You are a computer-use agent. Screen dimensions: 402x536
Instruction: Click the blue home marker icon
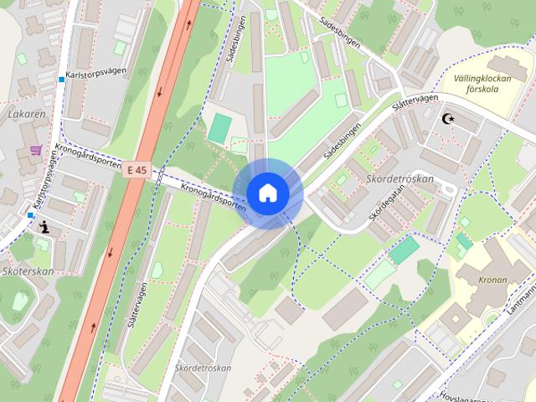(267, 193)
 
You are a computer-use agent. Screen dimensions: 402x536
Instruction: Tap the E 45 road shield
(137, 170)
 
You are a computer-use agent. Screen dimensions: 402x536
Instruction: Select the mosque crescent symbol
(449, 119)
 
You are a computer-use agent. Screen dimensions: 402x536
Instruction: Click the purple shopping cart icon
(36, 151)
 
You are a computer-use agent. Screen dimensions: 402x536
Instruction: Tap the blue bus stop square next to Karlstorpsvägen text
(62, 80)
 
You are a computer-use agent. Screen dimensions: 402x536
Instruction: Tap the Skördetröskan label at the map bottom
(202, 369)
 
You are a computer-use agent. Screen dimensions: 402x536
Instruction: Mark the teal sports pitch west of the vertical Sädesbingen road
(219, 128)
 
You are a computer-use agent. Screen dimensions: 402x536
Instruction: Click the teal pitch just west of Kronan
(405, 249)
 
